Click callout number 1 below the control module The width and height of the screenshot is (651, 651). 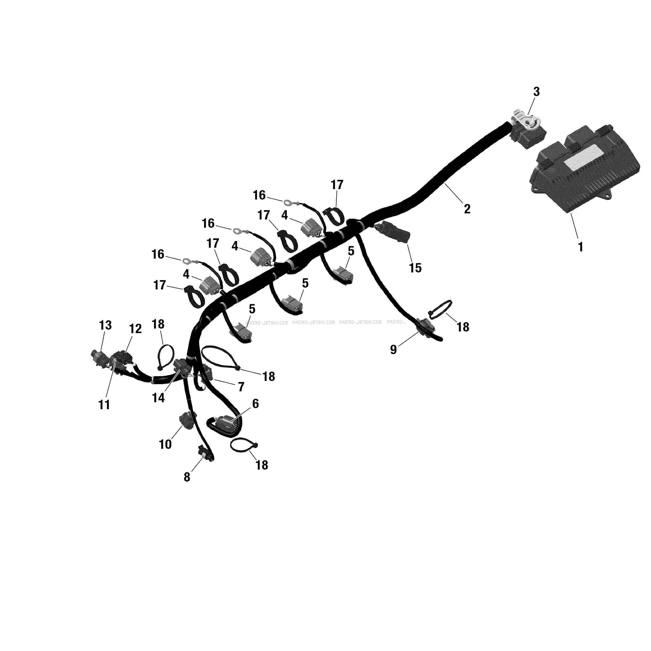point(580,247)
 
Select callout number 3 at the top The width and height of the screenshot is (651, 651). point(536,92)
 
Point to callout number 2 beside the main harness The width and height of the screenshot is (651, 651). point(467,209)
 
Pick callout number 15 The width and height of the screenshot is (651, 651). point(415,268)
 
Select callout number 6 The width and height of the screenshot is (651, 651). point(255,403)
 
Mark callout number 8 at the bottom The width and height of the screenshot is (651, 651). point(187,477)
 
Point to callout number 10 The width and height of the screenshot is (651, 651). point(165,445)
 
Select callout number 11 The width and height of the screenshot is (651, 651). point(104,405)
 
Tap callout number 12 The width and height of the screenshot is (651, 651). point(135,329)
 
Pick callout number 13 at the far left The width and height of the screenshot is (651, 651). point(105,325)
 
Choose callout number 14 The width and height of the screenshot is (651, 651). point(158,398)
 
